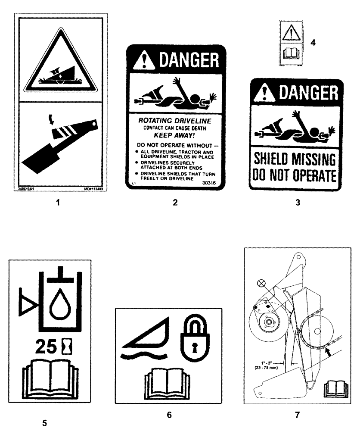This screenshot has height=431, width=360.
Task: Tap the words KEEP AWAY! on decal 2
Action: click(x=172, y=134)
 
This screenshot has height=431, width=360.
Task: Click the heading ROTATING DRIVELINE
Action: click(x=173, y=122)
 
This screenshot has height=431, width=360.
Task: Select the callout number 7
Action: click(x=297, y=415)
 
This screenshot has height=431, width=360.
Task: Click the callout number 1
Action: click(x=57, y=202)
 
